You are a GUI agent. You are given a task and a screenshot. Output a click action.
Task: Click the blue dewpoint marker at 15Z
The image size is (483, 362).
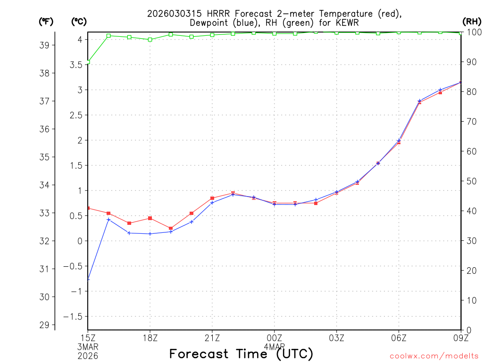[x=88, y=279]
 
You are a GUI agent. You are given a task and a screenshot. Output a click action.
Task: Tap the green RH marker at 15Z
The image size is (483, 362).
[x=88, y=62]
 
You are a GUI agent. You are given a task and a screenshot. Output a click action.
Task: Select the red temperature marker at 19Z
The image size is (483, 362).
[x=171, y=228]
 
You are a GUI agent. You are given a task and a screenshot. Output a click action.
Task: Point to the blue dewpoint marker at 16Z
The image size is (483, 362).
[x=108, y=220]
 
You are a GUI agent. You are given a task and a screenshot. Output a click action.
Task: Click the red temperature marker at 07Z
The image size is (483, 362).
[x=419, y=102]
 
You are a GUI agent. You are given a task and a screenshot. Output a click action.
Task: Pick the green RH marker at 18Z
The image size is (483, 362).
[x=150, y=40]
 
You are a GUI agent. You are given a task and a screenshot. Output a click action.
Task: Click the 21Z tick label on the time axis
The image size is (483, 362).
[x=212, y=337]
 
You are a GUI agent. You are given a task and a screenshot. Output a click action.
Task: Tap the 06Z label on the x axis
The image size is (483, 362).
[x=399, y=337]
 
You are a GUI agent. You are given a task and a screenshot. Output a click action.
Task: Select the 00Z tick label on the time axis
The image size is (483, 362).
[x=274, y=337]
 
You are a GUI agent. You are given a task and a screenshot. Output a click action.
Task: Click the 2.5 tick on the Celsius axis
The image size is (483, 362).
[x=75, y=115]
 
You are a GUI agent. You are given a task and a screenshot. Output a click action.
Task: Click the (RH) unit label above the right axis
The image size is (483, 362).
[x=472, y=21]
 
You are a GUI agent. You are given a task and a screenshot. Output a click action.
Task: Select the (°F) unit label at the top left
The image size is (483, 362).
[x=46, y=21]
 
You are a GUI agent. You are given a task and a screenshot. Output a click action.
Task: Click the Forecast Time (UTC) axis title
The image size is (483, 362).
[x=241, y=354]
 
